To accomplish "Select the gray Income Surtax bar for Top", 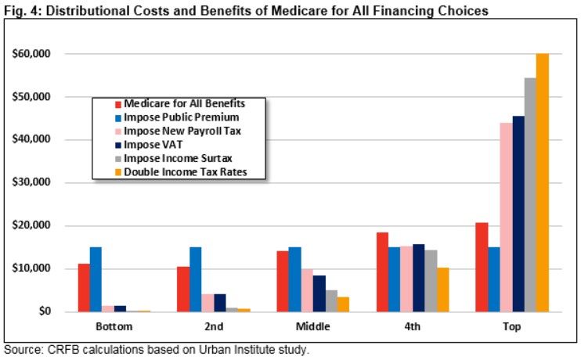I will pyautogui.click(x=530, y=195).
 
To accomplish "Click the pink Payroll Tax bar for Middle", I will pyautogui.click(x=306, y=290).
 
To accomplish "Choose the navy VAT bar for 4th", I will pyautogui.click(x=419, y=278).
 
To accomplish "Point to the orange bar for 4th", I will pyautogui.click(x=444, y=290).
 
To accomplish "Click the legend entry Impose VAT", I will pyautogui.click(x=153, y=145).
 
